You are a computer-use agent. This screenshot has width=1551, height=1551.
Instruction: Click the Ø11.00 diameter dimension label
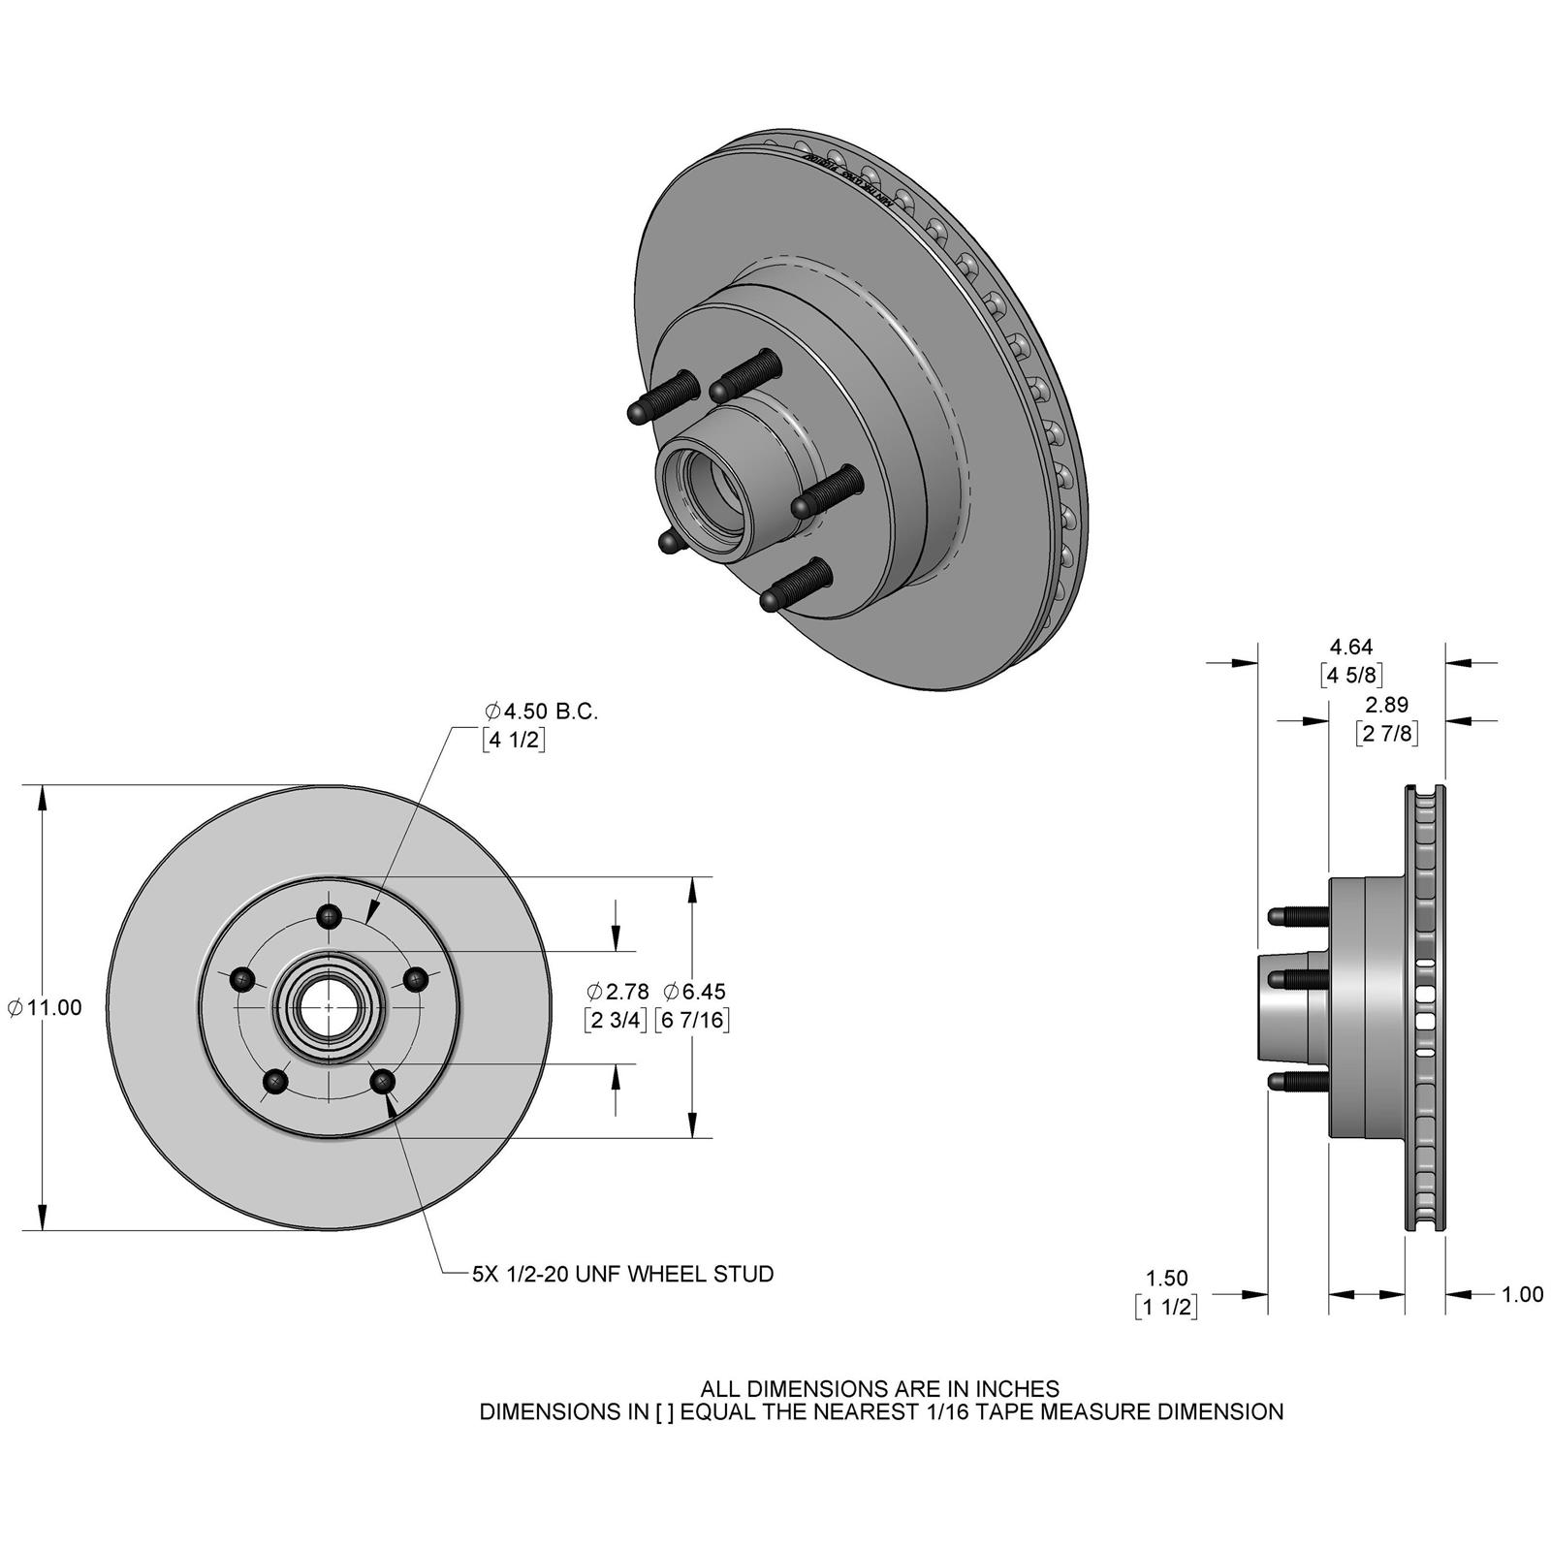point(45,1008)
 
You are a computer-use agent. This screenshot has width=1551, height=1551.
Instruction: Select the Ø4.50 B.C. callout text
point(541,712)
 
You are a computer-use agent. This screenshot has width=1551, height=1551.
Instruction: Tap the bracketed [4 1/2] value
point(514,741)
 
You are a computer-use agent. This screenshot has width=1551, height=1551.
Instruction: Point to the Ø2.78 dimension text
point(617,992)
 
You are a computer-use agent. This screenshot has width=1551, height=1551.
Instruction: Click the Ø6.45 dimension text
point(694,992)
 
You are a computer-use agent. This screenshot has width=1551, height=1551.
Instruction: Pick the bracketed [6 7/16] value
point(692,1020)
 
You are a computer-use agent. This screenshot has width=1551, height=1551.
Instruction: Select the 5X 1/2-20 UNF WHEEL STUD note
point(622,1274)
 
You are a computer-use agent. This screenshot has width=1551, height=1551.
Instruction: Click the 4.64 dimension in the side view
point(1351,647)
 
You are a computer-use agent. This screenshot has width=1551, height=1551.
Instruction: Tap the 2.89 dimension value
point(1387,705)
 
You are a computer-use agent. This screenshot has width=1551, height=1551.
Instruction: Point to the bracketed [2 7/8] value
point(1387,734)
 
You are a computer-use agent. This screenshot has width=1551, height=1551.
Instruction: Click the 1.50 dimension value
point(1166,1279)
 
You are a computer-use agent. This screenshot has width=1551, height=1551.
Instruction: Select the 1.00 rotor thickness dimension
point(1522,1294)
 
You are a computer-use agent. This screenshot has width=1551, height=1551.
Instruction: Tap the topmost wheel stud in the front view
point(331,915)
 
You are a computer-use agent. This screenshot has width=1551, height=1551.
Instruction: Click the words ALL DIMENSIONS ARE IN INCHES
point(880,1389)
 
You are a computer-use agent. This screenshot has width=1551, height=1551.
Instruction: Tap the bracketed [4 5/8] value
point(1351,675)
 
